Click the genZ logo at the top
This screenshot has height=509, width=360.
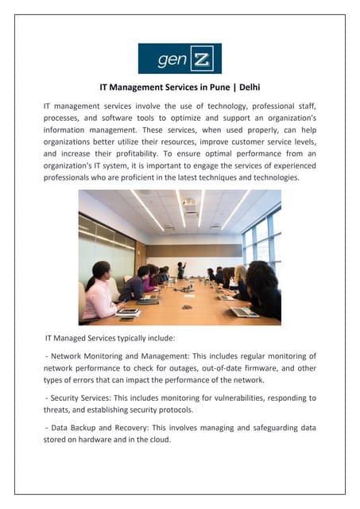point(180,58)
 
